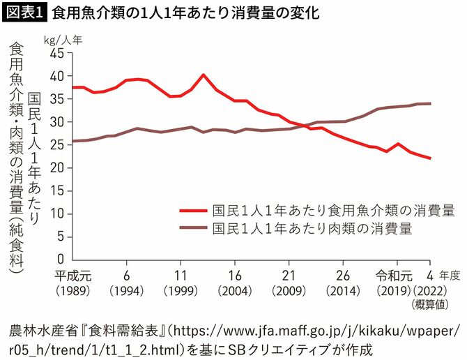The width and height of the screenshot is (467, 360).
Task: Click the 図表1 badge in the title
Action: [x=24, y=13]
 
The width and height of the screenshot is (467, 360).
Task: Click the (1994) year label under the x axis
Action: [x=127, y=289]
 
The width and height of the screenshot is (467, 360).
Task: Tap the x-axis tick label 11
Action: [x=181, y=274]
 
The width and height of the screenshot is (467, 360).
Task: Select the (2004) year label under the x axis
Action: [x=235, y=289]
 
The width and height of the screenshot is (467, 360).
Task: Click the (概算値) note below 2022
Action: [x=431, y=303]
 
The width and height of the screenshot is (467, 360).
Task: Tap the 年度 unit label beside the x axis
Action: [x=450, y=275]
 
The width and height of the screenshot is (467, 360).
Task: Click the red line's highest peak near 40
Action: [x=203, y=75]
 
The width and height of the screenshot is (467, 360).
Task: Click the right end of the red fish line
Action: [x=430, y=158]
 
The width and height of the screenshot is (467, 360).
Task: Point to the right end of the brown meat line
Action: [x=430, y=103]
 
